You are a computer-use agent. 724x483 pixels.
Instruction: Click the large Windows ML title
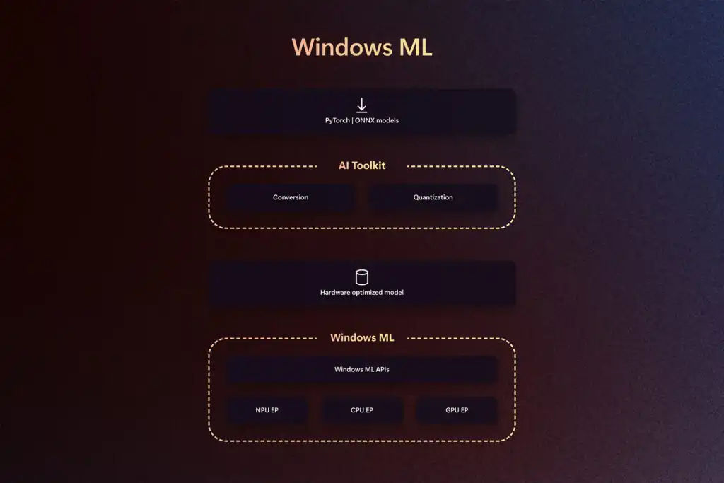[362, 47]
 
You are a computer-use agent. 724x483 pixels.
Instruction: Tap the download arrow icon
[362, 105]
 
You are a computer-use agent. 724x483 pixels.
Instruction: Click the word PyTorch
[337, 120]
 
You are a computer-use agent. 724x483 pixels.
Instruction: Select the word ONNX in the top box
[364, 120]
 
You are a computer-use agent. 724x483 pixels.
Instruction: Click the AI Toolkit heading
[362, 165]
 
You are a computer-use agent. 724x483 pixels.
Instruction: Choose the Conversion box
[291, 197]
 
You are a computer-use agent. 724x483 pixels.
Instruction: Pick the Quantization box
[433, 197]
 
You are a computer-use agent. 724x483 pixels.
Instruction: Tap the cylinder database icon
[362, 277]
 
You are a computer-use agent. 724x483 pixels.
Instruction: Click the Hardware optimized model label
[362, 292]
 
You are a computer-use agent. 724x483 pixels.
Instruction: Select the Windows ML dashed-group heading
[362, 337]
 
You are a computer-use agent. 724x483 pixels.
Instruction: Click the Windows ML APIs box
[362, 369]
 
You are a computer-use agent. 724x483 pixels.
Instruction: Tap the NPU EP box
[267, 410]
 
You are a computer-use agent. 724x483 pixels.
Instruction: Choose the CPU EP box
[362, 410]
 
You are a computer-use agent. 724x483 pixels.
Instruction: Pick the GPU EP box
[457, 410]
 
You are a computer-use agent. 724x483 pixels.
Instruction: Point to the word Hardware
[335, 292]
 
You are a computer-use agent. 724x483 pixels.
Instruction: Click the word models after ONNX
[387, 120]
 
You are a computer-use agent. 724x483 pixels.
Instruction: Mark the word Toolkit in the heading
[368, 165]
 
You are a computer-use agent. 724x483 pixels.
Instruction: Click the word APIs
[383, 369]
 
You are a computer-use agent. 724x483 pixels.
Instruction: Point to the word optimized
[367, 292]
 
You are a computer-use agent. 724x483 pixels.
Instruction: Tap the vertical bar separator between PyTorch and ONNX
[352, 120]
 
